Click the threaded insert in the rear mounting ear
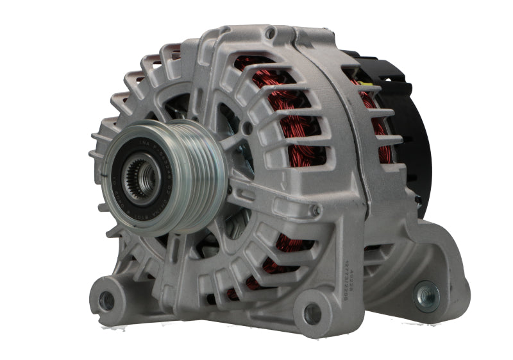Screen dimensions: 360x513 (x=426, y=295)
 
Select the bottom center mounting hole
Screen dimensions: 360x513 (x=312, y=313)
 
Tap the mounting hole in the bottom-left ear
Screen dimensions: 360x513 (x=108, y=300)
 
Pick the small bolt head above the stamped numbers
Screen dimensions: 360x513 (x=315, y=210)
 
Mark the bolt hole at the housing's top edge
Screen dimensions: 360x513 (x=271, y=33)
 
